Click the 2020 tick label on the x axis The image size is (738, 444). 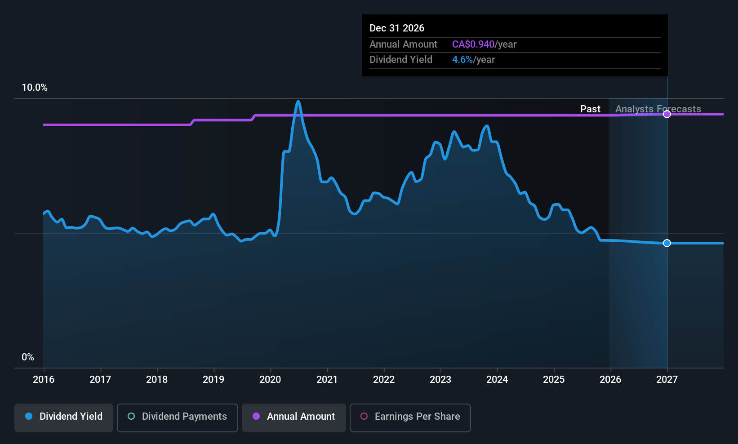[x=270, y=380]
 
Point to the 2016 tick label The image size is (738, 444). [x=44, y=380]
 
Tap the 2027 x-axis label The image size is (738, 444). [x=667, y=380]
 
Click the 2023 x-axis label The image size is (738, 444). [x=440, y=380]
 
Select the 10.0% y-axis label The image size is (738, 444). [x=35, y=88]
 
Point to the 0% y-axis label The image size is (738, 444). [x=28, y=357]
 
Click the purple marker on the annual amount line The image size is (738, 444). [x=667, y=114]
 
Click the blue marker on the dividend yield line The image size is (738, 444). [x=667, y=243]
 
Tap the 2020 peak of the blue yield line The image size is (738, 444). [x=298, y=102]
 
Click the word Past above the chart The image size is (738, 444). [x=590, y=109]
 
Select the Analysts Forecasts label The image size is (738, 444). [x=658, y=109]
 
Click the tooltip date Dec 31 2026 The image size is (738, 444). [x=397, y=28]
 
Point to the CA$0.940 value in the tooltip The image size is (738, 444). [x=473, y=44]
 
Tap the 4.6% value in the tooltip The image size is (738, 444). [x=462, y=60]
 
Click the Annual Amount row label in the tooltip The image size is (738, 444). [x=403, y=44]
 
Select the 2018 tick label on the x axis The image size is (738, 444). [x=157, y=380]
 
